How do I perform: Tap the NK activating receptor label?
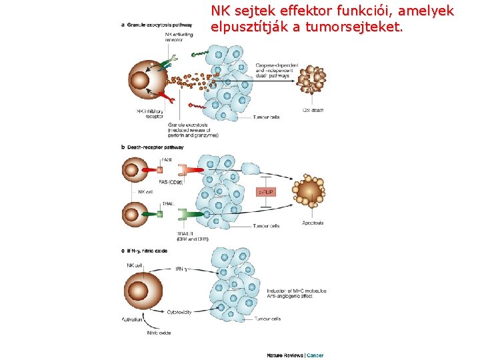point(176,36)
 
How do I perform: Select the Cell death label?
point(313,110)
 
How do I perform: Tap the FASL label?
point(167,159)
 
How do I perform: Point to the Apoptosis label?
point(313,223)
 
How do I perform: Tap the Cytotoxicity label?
point(179,311)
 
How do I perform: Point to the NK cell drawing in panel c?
point(139,291)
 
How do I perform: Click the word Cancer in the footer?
point(315,355)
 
